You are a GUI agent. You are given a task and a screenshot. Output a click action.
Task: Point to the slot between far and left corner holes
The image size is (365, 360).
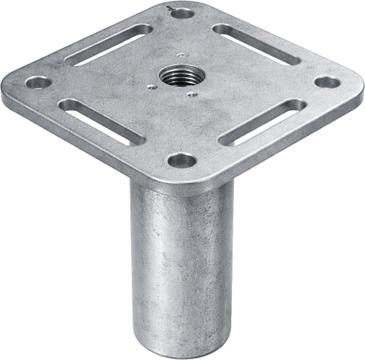pos(109,45)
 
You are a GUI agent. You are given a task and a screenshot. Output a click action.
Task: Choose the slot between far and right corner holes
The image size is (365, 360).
pos(254,43)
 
